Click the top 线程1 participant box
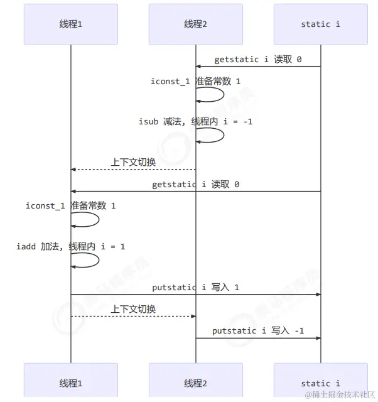[x=70, y=24]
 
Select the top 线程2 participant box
[x=195, y=24]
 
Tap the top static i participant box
[x=320, y=24]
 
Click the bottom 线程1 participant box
[x=70, y=383]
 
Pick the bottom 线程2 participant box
[x=195, y=383]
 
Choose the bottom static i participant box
[x=320, y=383]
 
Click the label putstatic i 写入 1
[x=195, y=288]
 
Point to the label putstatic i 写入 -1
[x=258, y=330]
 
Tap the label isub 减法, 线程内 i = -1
[x=195, y=121]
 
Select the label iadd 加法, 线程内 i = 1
[x=70, y=246]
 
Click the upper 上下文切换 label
[x=133, y=162]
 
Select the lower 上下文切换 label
[x=133, y=309]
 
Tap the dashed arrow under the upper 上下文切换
[x=133, y=170]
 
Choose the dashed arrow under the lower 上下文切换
[x=133, y=316]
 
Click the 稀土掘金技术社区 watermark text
[x=340, y=394]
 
